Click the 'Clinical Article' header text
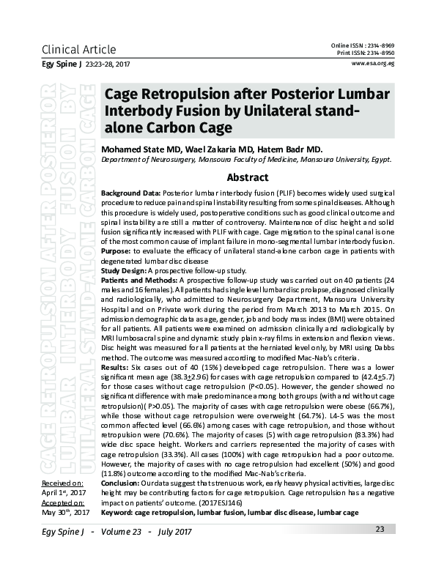coord(79,50)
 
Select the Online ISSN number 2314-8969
coord(381,46)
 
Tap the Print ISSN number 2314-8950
coord(381,53)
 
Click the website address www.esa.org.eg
coord(374,64)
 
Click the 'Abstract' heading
coord(248,177)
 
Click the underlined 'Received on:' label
coord(62,484)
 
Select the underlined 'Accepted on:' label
coord(62,503)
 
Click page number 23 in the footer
coord(380,530)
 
